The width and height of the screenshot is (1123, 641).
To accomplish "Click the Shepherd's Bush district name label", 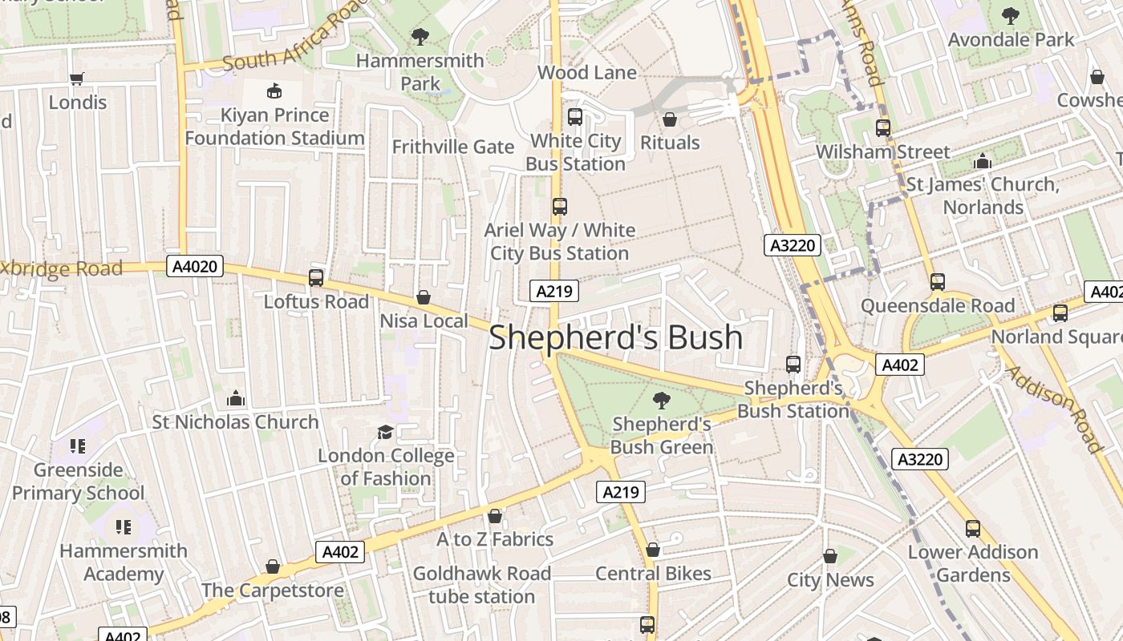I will pos(615,337).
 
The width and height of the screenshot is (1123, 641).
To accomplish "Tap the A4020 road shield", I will pos(195,266).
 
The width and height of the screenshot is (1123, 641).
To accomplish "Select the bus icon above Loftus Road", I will pos(316,278).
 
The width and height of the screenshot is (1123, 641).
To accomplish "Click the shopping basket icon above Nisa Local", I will pos(424,297).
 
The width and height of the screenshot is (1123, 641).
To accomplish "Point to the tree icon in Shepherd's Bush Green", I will pos(661,400).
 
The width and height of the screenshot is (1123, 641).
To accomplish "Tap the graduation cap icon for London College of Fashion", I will pos(386,432).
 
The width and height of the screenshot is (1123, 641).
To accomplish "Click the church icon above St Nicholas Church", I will pos(235,397).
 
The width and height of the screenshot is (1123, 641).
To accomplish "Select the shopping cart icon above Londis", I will pos(77,79).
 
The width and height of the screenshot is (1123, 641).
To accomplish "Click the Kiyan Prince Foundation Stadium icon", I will pos(274,91).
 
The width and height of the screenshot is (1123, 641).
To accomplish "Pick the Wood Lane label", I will pos(586,73).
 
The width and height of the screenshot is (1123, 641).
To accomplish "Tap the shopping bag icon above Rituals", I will pos(670,119).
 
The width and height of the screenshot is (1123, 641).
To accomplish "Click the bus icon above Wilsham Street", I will pos(883,128).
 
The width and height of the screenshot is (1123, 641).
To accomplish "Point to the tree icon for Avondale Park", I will pos(1011,15).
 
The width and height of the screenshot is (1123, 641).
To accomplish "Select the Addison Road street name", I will pos(1053,409).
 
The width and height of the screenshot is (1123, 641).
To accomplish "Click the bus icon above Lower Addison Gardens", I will pos(973,528).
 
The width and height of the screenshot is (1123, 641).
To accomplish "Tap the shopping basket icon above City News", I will pos(830,556).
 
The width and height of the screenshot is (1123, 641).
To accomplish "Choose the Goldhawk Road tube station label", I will pos(481,585).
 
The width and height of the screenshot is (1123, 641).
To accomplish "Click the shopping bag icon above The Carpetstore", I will pos(273,566).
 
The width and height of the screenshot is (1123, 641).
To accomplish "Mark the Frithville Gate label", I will pos(452,147).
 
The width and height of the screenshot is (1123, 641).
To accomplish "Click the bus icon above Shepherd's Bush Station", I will pos(793,364).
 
